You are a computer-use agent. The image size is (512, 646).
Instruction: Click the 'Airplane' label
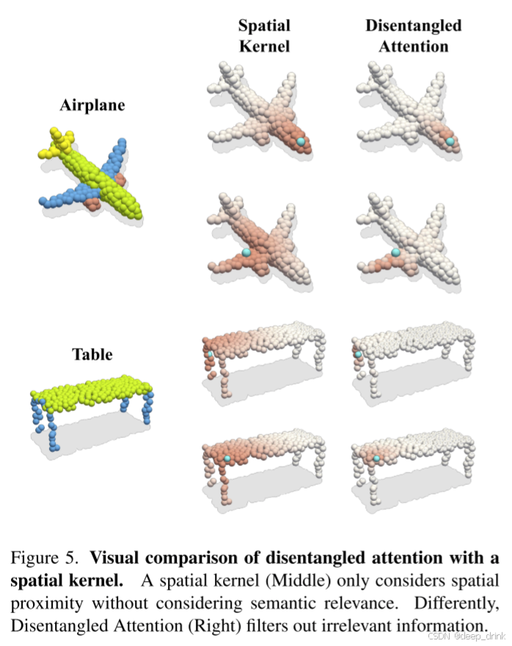coord(92,105)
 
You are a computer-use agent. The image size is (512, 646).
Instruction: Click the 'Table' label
coord(92,354)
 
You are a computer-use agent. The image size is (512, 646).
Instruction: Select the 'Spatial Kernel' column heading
coord(264,35)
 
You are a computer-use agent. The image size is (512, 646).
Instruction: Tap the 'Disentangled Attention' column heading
coord(413,35)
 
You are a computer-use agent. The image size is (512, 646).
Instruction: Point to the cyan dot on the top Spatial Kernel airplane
coord(301,140)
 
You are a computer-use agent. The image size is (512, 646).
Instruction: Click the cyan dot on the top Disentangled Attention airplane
coord(450,141)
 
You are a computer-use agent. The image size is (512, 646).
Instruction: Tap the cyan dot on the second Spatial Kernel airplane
coord(246,252)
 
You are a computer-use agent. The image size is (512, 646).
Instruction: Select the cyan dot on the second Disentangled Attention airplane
coord(396,252)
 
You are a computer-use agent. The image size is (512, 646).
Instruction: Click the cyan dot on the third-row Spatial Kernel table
coord(210,354)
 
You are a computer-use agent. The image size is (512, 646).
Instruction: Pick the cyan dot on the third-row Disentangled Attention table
coord(359,354)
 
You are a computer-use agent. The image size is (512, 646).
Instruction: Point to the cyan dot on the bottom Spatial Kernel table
coord(228,458)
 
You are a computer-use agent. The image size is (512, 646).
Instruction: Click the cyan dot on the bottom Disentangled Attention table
coord(377,458)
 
